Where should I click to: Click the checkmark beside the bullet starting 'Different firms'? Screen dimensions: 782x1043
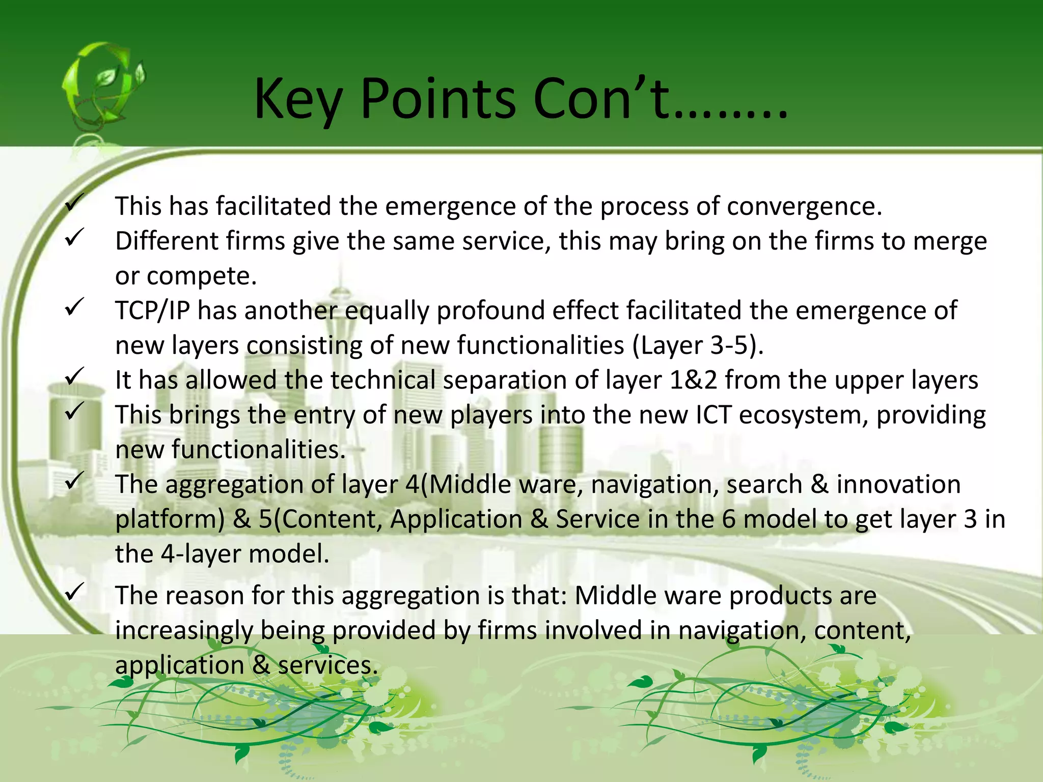coord(74,238)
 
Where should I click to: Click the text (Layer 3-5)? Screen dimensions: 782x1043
coord(698,346)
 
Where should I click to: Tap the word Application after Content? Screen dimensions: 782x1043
coord(456,519)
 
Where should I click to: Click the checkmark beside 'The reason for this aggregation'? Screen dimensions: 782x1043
coord(74,592)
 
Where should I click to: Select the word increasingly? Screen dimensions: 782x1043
coord(184,631)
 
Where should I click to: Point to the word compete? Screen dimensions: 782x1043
coord(201,276)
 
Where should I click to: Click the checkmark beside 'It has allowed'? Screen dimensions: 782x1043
coord(74,377)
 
